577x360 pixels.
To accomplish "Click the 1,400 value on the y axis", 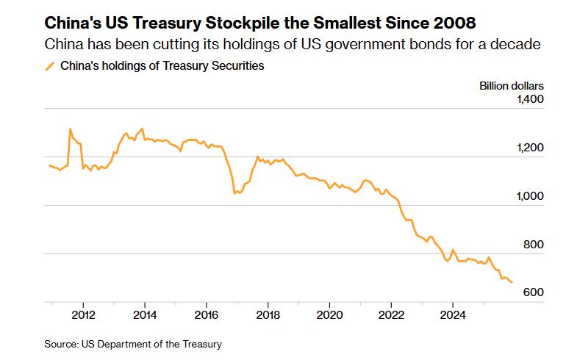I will tap(529, 99).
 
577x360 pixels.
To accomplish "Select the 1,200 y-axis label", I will tap(529, 148).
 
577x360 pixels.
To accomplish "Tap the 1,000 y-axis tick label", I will tap(529, 196).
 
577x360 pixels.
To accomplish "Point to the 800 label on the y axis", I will tap(533, 245).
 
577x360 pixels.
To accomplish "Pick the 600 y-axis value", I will tap(533, 292).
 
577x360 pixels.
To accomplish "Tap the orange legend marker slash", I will tap(50, 66).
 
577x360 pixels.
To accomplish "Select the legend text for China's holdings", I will tap(162, 66).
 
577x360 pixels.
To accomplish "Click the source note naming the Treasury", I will tap(133, 344).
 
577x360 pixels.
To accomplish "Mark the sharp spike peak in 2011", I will tap(70, 129).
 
